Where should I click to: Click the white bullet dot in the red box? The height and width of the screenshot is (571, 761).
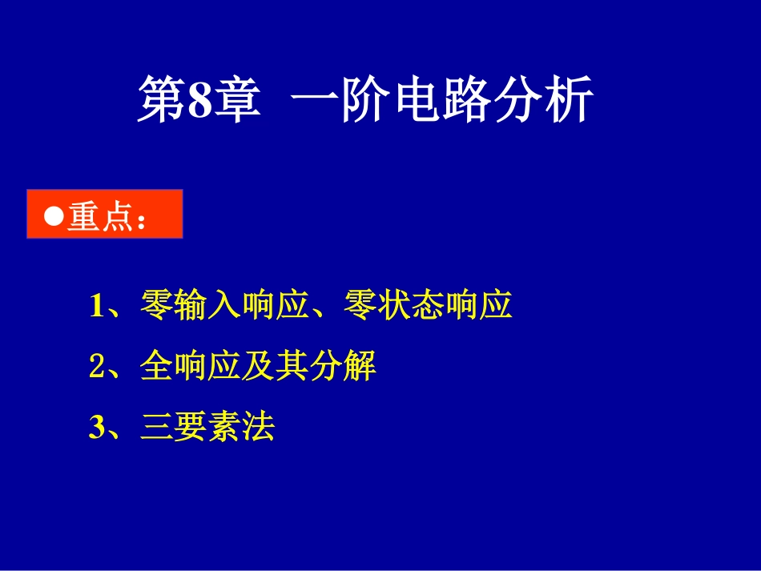click(54, 217)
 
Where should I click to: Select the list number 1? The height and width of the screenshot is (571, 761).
click(98, 306)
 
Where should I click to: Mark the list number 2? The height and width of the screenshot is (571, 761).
click(98, 368)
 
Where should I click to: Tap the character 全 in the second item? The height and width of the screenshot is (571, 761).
click(157, 368)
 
